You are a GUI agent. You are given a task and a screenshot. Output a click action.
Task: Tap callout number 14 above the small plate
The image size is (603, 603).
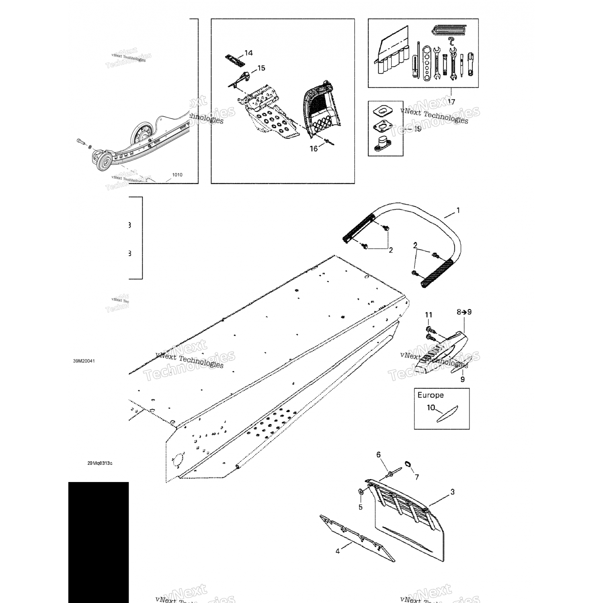[x=248, y=53]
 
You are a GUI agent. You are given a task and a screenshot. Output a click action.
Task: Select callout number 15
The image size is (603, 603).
[x=261, y=68]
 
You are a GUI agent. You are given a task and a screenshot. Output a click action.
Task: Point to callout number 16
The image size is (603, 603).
[x=314, y=149]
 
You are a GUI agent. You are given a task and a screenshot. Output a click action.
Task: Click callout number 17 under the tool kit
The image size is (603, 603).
[x=451, y=102]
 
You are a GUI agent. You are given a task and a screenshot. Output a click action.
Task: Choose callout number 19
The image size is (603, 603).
[x=417, y=129]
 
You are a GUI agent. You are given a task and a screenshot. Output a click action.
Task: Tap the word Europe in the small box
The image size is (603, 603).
[x=431, y=395]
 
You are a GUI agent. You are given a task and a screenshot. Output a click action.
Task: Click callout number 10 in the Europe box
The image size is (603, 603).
[x=431, y=408]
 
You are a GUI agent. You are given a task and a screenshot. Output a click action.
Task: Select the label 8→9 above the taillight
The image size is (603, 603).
[x=464, y=312]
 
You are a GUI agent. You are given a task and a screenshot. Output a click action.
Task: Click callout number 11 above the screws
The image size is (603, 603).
[x=429, y=315]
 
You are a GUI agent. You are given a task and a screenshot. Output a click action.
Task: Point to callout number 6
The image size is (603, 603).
[x=378, y=455]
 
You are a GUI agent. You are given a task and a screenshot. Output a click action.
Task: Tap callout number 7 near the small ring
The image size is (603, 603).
[x=417, y=477]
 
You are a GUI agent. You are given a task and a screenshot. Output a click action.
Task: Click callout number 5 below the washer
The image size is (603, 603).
[x=360, y=507]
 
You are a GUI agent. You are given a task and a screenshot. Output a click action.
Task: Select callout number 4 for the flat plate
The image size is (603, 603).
[x=338, y=551]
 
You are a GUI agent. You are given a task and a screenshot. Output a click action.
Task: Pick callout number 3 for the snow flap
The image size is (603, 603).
[x=452, y=492]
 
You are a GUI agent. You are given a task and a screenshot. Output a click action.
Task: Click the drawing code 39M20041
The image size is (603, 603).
[x=84, y=361]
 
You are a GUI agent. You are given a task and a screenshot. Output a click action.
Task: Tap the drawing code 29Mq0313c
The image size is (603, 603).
[x=100, y=463]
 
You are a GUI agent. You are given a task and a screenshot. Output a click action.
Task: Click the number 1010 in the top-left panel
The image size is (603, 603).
[x=177, y=175]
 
